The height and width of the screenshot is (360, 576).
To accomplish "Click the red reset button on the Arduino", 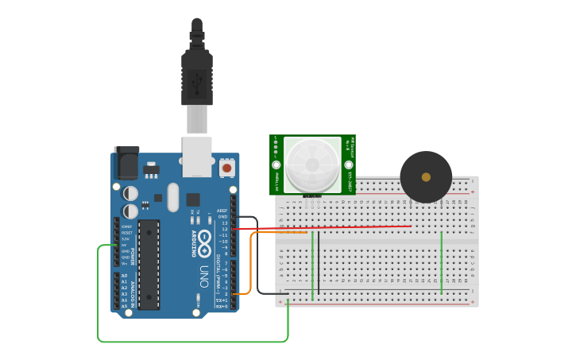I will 226,168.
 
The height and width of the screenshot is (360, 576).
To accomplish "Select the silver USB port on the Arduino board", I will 196,156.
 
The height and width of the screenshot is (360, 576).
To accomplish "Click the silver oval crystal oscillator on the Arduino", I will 172,195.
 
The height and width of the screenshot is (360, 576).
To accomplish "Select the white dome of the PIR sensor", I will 311,163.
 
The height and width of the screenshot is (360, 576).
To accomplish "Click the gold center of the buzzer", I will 426,177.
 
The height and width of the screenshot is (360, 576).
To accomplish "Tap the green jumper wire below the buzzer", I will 442,262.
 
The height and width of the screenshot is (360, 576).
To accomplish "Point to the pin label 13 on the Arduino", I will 224,223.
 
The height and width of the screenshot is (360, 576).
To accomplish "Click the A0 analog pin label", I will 124,275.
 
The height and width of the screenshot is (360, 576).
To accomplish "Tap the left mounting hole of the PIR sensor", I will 276,165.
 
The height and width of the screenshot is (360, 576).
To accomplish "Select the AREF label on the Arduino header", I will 222,211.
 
